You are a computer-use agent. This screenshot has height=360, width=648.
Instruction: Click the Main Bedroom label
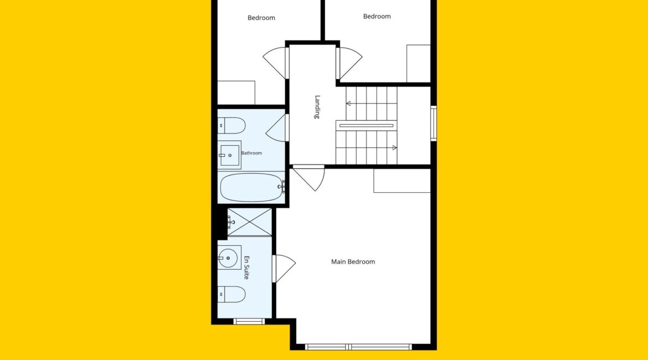coord(353,261)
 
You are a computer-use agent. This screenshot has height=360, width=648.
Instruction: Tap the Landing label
coord(317,107)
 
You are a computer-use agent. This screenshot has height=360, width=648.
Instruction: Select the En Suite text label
coord(246,268)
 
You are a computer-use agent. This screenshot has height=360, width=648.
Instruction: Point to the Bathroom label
coord(251,153)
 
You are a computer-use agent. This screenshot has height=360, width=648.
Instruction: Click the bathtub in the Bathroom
coord(251,187)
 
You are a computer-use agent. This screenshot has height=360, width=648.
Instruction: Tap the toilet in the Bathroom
coord(232,126)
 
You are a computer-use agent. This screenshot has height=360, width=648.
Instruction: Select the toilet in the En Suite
coord(232,294)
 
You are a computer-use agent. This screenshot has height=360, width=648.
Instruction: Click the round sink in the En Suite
coord(228,258)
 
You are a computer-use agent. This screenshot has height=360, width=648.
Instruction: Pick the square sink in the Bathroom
coord(229,155)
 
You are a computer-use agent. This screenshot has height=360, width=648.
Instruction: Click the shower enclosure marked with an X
coord(250,222)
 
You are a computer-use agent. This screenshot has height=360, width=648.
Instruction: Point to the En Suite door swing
coord(284,269)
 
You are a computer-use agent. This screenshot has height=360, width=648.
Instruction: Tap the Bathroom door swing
coord(277,128)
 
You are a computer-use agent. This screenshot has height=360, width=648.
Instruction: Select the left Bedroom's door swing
coord(275,63)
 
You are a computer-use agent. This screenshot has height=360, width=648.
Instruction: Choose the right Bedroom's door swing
coord(349,63)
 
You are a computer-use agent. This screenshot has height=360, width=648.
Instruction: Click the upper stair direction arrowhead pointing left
coord(348,104)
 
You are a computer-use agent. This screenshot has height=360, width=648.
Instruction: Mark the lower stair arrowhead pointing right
coord(395,147)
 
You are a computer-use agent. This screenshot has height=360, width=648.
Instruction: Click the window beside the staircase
coord(434,124)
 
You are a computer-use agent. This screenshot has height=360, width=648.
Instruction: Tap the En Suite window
coord(249,321)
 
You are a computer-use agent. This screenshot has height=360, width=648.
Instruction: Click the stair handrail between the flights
coord(366,125)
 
